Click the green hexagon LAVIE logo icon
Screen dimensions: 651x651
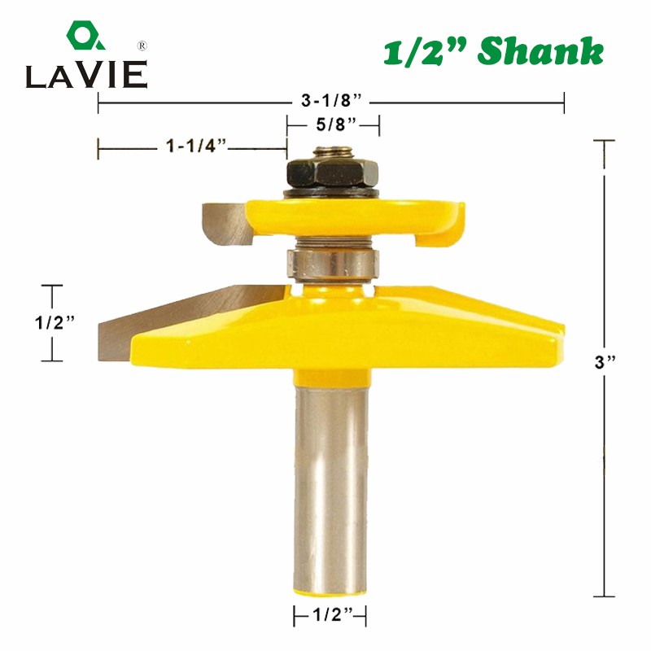pos(84,37)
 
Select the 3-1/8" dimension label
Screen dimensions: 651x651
pos(330,101)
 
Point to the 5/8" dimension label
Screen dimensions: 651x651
pos(334,125)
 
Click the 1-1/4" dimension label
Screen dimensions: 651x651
pos(196,147)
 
